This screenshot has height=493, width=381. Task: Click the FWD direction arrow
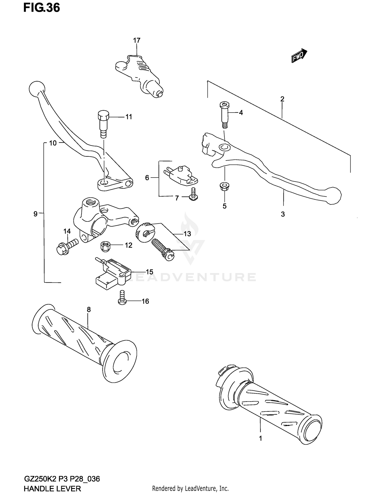pyautogui.click(x=299, y=56)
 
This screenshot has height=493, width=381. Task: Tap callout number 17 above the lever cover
pyautogui.click(x=137, y=40)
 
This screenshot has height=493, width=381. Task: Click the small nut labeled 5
pyautogui.click(x=224, y=186)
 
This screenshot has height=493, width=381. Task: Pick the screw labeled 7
pyautogui.click(x=194, y=196)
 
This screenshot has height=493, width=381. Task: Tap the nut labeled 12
pyautogui.click(x=105, y=246)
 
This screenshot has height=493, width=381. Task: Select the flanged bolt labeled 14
pyautogui.click(x=66, y=246)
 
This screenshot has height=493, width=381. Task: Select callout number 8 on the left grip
pyautogui.click(x=89, y=309)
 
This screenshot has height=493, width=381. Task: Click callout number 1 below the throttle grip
pyautogui.click(x=260, y=438)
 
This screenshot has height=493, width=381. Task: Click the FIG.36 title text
pyautogui.click(x=42, y=8)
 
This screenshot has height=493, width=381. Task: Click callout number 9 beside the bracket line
pyautogui.click(x=36, y=214)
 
